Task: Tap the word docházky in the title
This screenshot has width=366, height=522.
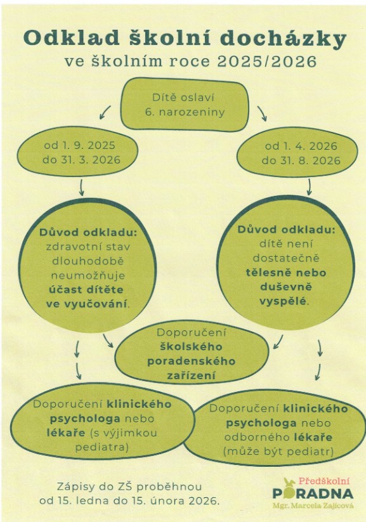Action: click(284, 39)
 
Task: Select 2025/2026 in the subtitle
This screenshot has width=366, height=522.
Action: click(267, 62)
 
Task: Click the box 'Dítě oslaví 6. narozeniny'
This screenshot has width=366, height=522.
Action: click(185, 105)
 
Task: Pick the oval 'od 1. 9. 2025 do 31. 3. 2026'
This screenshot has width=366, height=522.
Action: click(77, 152)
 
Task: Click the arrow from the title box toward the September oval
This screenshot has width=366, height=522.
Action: click(105, 112)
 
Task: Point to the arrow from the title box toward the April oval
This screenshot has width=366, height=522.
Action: click(262, 114)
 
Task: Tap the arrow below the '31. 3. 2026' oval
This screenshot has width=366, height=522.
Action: click(82, 188)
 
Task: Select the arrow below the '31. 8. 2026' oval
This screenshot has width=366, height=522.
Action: click(309, 186)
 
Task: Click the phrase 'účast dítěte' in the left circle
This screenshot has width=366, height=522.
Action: click(86, 290)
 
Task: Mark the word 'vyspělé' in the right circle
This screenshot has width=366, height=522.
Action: click(283, 301)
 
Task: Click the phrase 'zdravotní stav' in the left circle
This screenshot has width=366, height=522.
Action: click(88, 247)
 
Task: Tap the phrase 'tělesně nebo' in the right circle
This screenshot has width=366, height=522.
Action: click(286, 273)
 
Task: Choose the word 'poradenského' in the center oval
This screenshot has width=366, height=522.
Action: click(192, 361)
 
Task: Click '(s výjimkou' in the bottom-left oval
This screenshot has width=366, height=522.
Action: click(123, 433)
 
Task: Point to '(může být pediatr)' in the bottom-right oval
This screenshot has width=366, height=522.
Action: click(278, 452)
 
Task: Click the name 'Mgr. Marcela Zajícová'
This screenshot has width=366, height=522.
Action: click(313, 506)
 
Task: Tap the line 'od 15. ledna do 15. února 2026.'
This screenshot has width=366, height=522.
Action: click(129, 500)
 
